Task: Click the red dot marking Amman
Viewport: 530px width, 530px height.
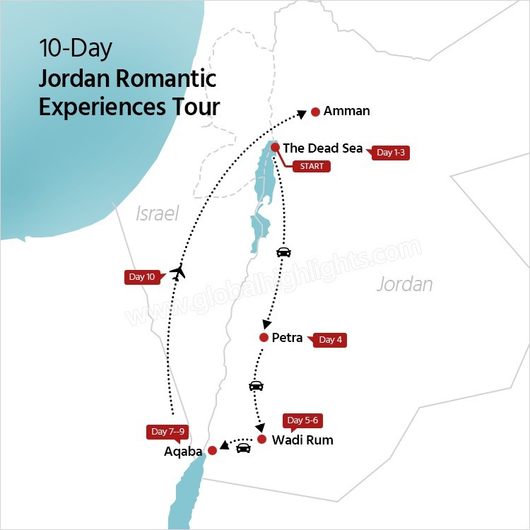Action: pos(315,112)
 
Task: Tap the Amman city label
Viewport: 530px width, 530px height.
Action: pos(346,111)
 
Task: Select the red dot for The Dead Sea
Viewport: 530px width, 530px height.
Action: pos(275,148)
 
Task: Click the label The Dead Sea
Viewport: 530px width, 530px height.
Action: pos(322,148)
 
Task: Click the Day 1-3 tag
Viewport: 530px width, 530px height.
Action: pos(393,153)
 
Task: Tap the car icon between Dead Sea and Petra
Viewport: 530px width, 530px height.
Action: pos(283,252)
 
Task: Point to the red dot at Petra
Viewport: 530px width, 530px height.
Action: pos(264,338)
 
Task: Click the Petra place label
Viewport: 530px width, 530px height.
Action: pos(287,338)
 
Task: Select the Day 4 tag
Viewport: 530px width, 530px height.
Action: pos(331,340)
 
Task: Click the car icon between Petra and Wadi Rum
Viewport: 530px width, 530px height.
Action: pos(256,386)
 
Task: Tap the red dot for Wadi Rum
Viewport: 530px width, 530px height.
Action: pos(261,440)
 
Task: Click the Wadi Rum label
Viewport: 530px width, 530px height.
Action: pos(302,440)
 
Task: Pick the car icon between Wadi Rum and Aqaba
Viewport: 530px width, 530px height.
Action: pos(243,448)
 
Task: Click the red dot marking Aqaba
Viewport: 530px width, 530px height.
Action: pos(212,450)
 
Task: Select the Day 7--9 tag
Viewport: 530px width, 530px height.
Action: pos(168,432)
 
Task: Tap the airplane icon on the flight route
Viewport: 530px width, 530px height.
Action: pos(178,272)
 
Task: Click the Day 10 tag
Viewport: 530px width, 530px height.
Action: pos(142,277)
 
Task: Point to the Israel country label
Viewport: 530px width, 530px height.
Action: pos(157,213)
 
